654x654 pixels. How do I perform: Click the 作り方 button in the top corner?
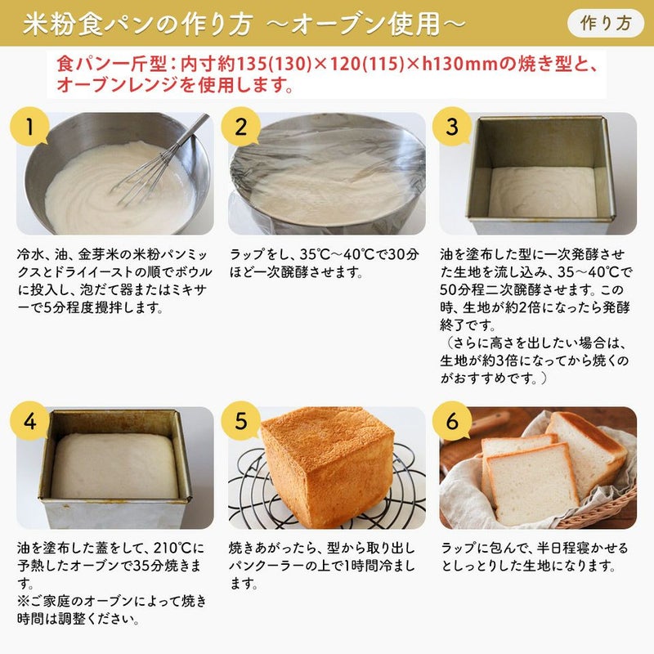[606, 23]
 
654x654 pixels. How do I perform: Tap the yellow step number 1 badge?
[29, 127]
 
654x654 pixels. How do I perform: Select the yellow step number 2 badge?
[240, 127]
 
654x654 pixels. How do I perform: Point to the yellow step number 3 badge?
[452, 127]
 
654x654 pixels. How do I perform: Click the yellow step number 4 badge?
[29, 421]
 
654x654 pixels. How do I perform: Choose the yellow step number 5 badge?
[240, 421]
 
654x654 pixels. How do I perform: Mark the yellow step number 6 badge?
[452, 421]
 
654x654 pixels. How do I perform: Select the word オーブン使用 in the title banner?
[365, 24]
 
